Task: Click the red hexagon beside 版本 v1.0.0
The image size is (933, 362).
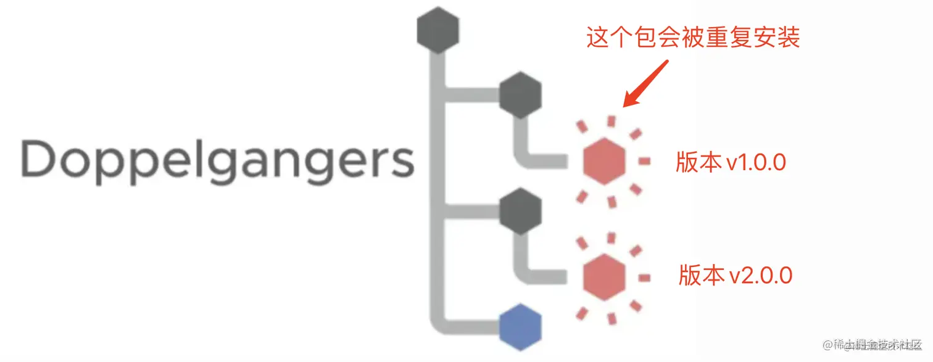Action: (604, 161)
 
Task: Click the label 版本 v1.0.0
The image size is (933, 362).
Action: (731, 162)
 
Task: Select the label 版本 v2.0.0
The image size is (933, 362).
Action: (735, 275)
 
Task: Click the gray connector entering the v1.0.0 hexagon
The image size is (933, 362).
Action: (543, 163)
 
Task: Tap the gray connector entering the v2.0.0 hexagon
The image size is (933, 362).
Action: (543, 278)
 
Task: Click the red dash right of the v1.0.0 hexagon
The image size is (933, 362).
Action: (644, 162)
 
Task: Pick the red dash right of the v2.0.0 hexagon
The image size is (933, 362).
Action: (644, 278)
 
